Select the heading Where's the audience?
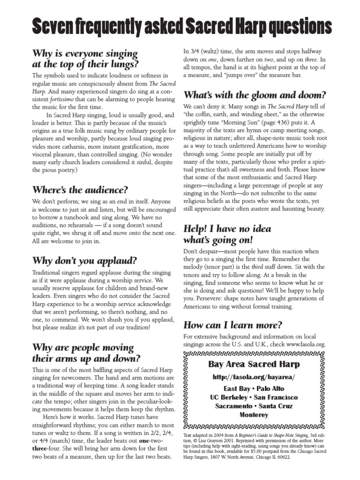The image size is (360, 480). tap(79, 190)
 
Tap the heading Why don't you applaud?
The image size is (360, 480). tap(84, 260)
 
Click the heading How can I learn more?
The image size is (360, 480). tap(232, 324)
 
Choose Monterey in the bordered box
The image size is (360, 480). tap(254, 415)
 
